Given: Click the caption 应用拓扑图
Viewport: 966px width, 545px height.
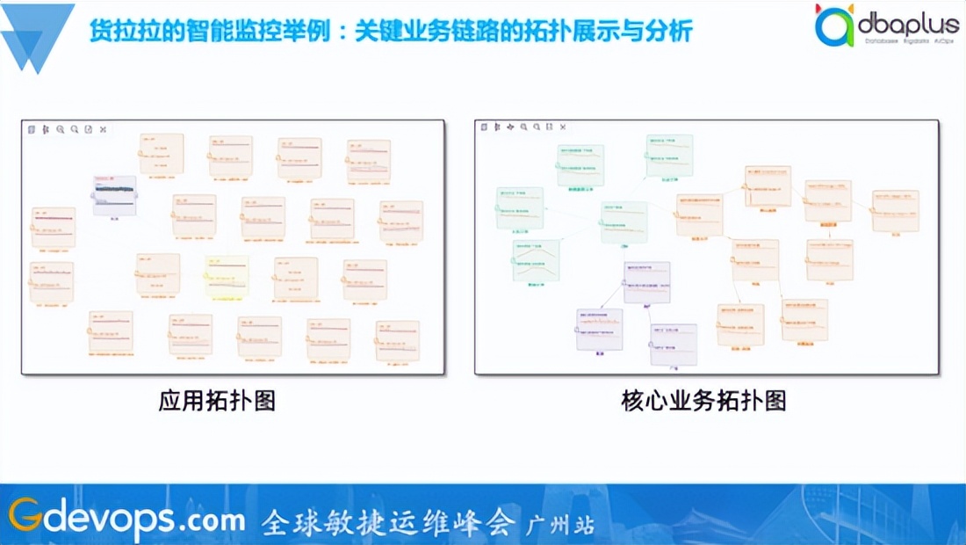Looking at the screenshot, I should (x=217, y=402).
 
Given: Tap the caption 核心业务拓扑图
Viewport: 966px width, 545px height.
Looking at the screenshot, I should (x=703, y=402).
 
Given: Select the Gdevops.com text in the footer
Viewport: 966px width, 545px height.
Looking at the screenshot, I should (x=127, y=519).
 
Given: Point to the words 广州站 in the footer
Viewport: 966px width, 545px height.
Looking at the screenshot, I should (x=559, y=524).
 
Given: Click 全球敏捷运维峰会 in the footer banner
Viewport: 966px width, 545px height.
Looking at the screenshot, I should (x=387, y=522).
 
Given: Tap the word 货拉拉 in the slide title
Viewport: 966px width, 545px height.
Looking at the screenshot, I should (x=117, y=33).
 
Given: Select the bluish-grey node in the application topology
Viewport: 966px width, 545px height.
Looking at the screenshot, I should (x=115, y=195).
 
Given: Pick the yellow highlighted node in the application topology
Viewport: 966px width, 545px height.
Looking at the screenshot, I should (x=227, y=275).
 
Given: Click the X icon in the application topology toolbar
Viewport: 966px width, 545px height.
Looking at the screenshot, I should (x=103, y=129).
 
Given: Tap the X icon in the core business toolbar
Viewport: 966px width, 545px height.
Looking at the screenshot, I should (x=562, y=127).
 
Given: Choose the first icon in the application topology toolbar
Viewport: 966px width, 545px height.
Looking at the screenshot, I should (x=32, y=129).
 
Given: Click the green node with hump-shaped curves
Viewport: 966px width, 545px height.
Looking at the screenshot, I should (x=536, y=260).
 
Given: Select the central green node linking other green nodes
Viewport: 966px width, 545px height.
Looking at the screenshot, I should (x=624, y=222).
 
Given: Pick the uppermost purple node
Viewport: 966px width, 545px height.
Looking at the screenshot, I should (x=647, y=282).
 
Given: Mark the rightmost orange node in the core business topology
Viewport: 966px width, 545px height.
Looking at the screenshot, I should (x=895, y=211).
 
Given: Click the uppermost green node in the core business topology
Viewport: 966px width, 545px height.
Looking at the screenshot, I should (x=669, y=156).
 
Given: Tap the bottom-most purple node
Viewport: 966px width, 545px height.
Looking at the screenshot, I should (x=674, y=345).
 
